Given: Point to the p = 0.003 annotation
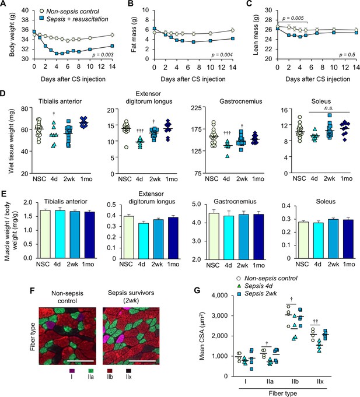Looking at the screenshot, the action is tap(103, 55).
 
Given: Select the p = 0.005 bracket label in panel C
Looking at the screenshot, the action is tap(293, 18).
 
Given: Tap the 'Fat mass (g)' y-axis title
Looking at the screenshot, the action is tap(134, 34).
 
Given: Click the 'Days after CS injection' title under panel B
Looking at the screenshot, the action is tap(193, 79).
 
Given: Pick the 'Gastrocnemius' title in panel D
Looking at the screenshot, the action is tap(240, 101).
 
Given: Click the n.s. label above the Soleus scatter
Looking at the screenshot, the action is tap(329, 108).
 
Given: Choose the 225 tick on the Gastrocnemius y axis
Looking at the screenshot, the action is tap(197, 108).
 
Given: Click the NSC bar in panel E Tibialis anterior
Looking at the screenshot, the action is tap(45, 234).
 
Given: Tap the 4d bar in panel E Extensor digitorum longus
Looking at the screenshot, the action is tap(144, 241).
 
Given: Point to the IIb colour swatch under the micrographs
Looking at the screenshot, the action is tap(109, 371).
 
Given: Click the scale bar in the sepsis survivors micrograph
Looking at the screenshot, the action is tap(144, 361).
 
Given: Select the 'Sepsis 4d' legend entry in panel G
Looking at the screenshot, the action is tap(255, 286).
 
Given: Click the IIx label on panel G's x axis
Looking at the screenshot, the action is tap(320, 382).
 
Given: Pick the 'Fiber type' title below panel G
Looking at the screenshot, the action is tap(283, 394).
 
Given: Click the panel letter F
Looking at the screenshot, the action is tap(33, 290).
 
